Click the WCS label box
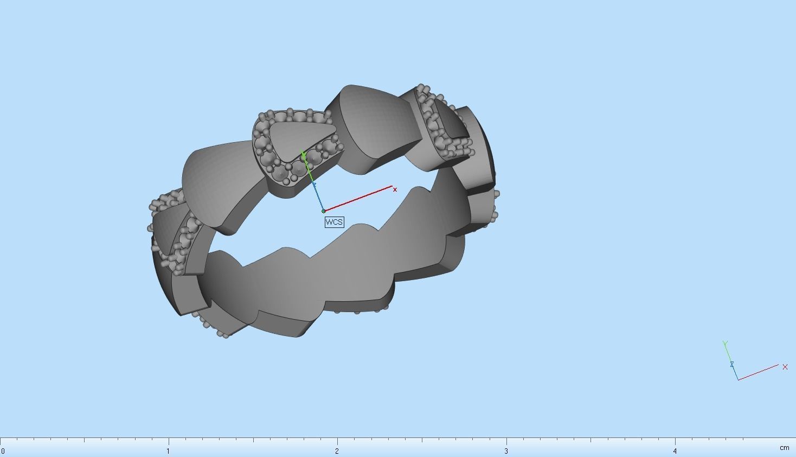coord(334,222)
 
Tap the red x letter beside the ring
coord(395,189)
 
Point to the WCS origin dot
coord(324,211)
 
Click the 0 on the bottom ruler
coord(3,451)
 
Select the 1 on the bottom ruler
coord(168,451)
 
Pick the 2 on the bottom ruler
coord(337,451)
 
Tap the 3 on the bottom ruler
coord(506,451)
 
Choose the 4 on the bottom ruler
coord(675,451)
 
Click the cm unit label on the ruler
coord(784,448)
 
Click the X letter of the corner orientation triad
coord(785,367)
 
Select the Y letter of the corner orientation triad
coord(725,344)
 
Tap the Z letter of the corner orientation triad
coord(731,364)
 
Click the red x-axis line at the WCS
coord(358,199)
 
